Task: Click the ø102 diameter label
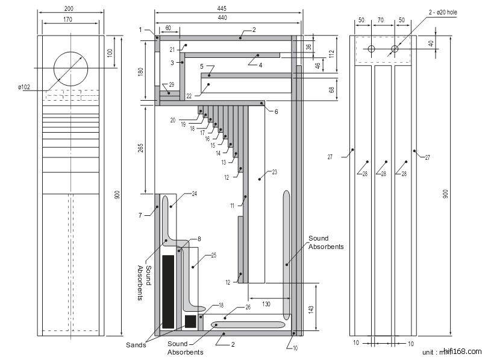24,88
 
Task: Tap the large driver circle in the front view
70,68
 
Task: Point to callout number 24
194,194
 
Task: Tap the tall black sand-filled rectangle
168,291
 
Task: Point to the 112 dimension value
331,53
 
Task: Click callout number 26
248,308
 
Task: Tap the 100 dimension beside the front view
109,53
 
